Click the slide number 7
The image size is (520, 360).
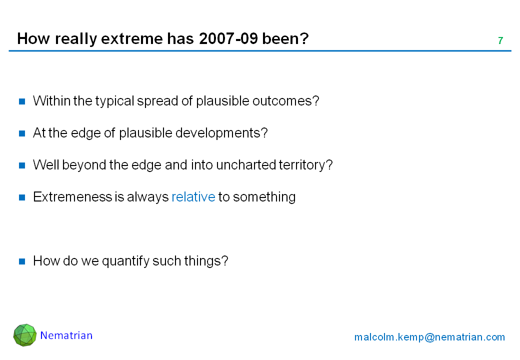[500, 41]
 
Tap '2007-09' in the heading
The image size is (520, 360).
[228, 38]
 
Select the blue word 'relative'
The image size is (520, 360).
[193, 197]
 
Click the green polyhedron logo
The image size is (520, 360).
[25, 335]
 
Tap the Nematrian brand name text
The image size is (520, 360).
[66, 335]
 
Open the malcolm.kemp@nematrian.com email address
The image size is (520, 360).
[429, 337]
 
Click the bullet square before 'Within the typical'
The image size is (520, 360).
[22, 101]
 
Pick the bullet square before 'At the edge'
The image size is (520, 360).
[22, 133]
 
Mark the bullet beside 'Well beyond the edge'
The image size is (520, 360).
[22, 165]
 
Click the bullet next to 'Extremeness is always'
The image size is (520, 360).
[22, 197]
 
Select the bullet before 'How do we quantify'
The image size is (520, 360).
[22, 261]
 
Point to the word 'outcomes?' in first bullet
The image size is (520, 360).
[285, 101]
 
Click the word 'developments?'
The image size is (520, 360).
[221, 133]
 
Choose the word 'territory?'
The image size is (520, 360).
[306, 165]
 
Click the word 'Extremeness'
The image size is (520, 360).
[72, 197]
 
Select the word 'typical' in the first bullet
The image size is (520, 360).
[114, 101]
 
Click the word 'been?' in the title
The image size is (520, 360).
[285, 38]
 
